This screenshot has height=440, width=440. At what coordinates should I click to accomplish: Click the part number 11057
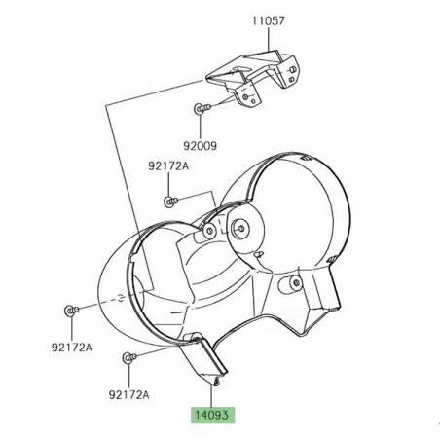pos(269,20)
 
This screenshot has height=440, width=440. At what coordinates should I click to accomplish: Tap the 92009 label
pos(200,146)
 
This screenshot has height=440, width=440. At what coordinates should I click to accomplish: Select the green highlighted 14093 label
pos(212,415)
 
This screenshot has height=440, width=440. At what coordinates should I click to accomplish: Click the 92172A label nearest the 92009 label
pos(168,166)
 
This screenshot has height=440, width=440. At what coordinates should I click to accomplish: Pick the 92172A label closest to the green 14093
pos(128,394)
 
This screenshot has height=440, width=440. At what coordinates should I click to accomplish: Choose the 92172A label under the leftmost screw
pos(72,348)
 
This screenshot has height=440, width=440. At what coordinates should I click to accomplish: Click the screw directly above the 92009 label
pos(202,108)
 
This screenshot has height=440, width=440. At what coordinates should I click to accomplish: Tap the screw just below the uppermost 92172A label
pos(170,202)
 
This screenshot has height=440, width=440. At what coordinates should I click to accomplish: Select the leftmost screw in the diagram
pos(71,311)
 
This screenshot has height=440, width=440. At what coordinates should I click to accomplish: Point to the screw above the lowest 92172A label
pos(129,357)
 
